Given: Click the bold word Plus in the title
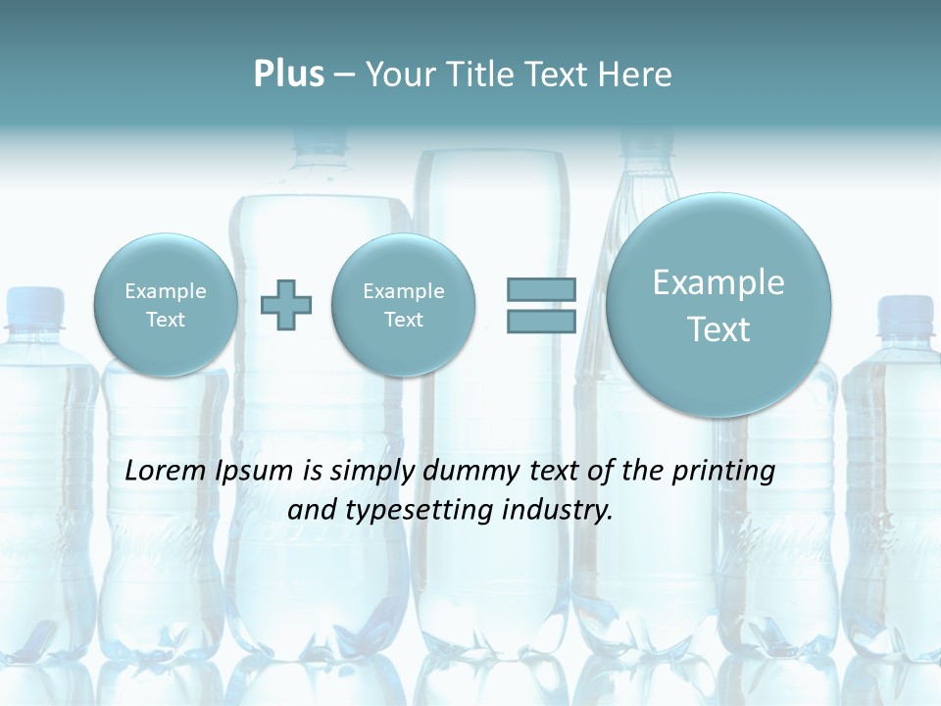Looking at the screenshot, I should pos(288,75).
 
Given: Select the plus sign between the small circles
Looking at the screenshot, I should pos(286,305).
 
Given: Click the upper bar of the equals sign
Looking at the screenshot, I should pos(541,289).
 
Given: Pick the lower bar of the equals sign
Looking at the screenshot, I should pos(541,322).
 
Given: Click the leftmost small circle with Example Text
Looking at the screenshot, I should pos(165,305).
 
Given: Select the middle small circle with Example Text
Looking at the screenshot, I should pos(403,305).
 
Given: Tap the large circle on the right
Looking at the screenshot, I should pos(718,305).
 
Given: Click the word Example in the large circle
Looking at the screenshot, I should pos(718,282).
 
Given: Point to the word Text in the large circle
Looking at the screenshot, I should pos(718,329).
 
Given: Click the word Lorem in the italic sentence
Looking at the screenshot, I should pos(166,472).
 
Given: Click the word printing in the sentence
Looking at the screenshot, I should pos(724,472).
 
